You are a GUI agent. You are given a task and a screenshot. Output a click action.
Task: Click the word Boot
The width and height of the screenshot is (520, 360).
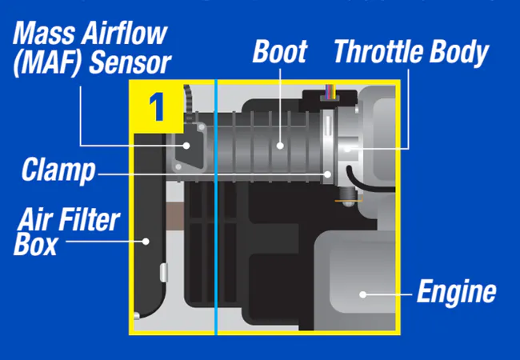(280, 51)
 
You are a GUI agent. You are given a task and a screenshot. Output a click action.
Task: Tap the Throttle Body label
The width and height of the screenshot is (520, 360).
(411, 52)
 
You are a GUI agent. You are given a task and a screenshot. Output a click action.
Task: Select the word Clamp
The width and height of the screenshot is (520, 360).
(58, 170)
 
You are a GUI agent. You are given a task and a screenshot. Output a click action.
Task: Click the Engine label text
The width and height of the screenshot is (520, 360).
(456, 292)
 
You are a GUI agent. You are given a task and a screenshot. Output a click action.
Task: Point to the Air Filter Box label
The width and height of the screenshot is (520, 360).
(66, 232)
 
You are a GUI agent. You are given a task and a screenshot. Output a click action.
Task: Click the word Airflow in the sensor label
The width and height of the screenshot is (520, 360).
(124, 34)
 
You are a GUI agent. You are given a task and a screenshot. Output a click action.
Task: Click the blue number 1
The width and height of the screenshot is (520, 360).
(157, 106)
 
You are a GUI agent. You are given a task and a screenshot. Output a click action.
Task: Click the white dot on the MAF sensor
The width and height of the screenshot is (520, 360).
(186, 145)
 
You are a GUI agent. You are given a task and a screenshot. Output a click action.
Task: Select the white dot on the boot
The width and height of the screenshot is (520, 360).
(280, 145)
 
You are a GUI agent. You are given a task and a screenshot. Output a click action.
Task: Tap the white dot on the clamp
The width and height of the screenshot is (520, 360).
(328, 174)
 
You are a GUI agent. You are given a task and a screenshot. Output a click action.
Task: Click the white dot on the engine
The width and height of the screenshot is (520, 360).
(363, 294)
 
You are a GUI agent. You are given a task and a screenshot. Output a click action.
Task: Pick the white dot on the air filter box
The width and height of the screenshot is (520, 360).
(146, 242)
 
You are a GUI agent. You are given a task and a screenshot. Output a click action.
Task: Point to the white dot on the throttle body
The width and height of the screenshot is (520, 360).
(347, 149)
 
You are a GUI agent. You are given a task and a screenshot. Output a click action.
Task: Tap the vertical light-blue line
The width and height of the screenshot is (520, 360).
(216, 207)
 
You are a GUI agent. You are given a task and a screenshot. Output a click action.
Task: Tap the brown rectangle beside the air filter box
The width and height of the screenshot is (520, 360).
(174, 216)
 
